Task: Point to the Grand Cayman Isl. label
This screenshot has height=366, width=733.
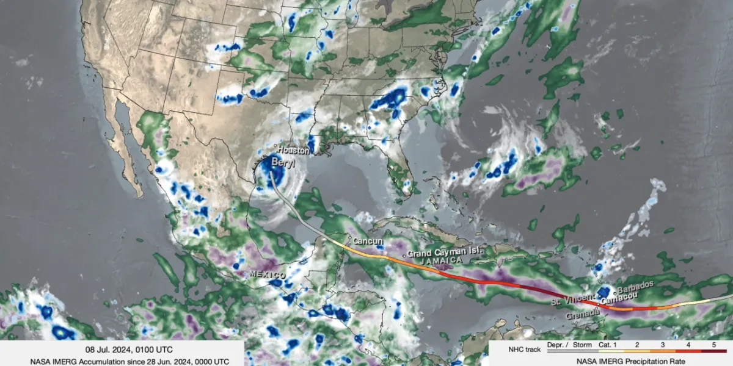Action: click(446, 251)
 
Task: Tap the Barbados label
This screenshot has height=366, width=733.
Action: click(636, 285)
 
